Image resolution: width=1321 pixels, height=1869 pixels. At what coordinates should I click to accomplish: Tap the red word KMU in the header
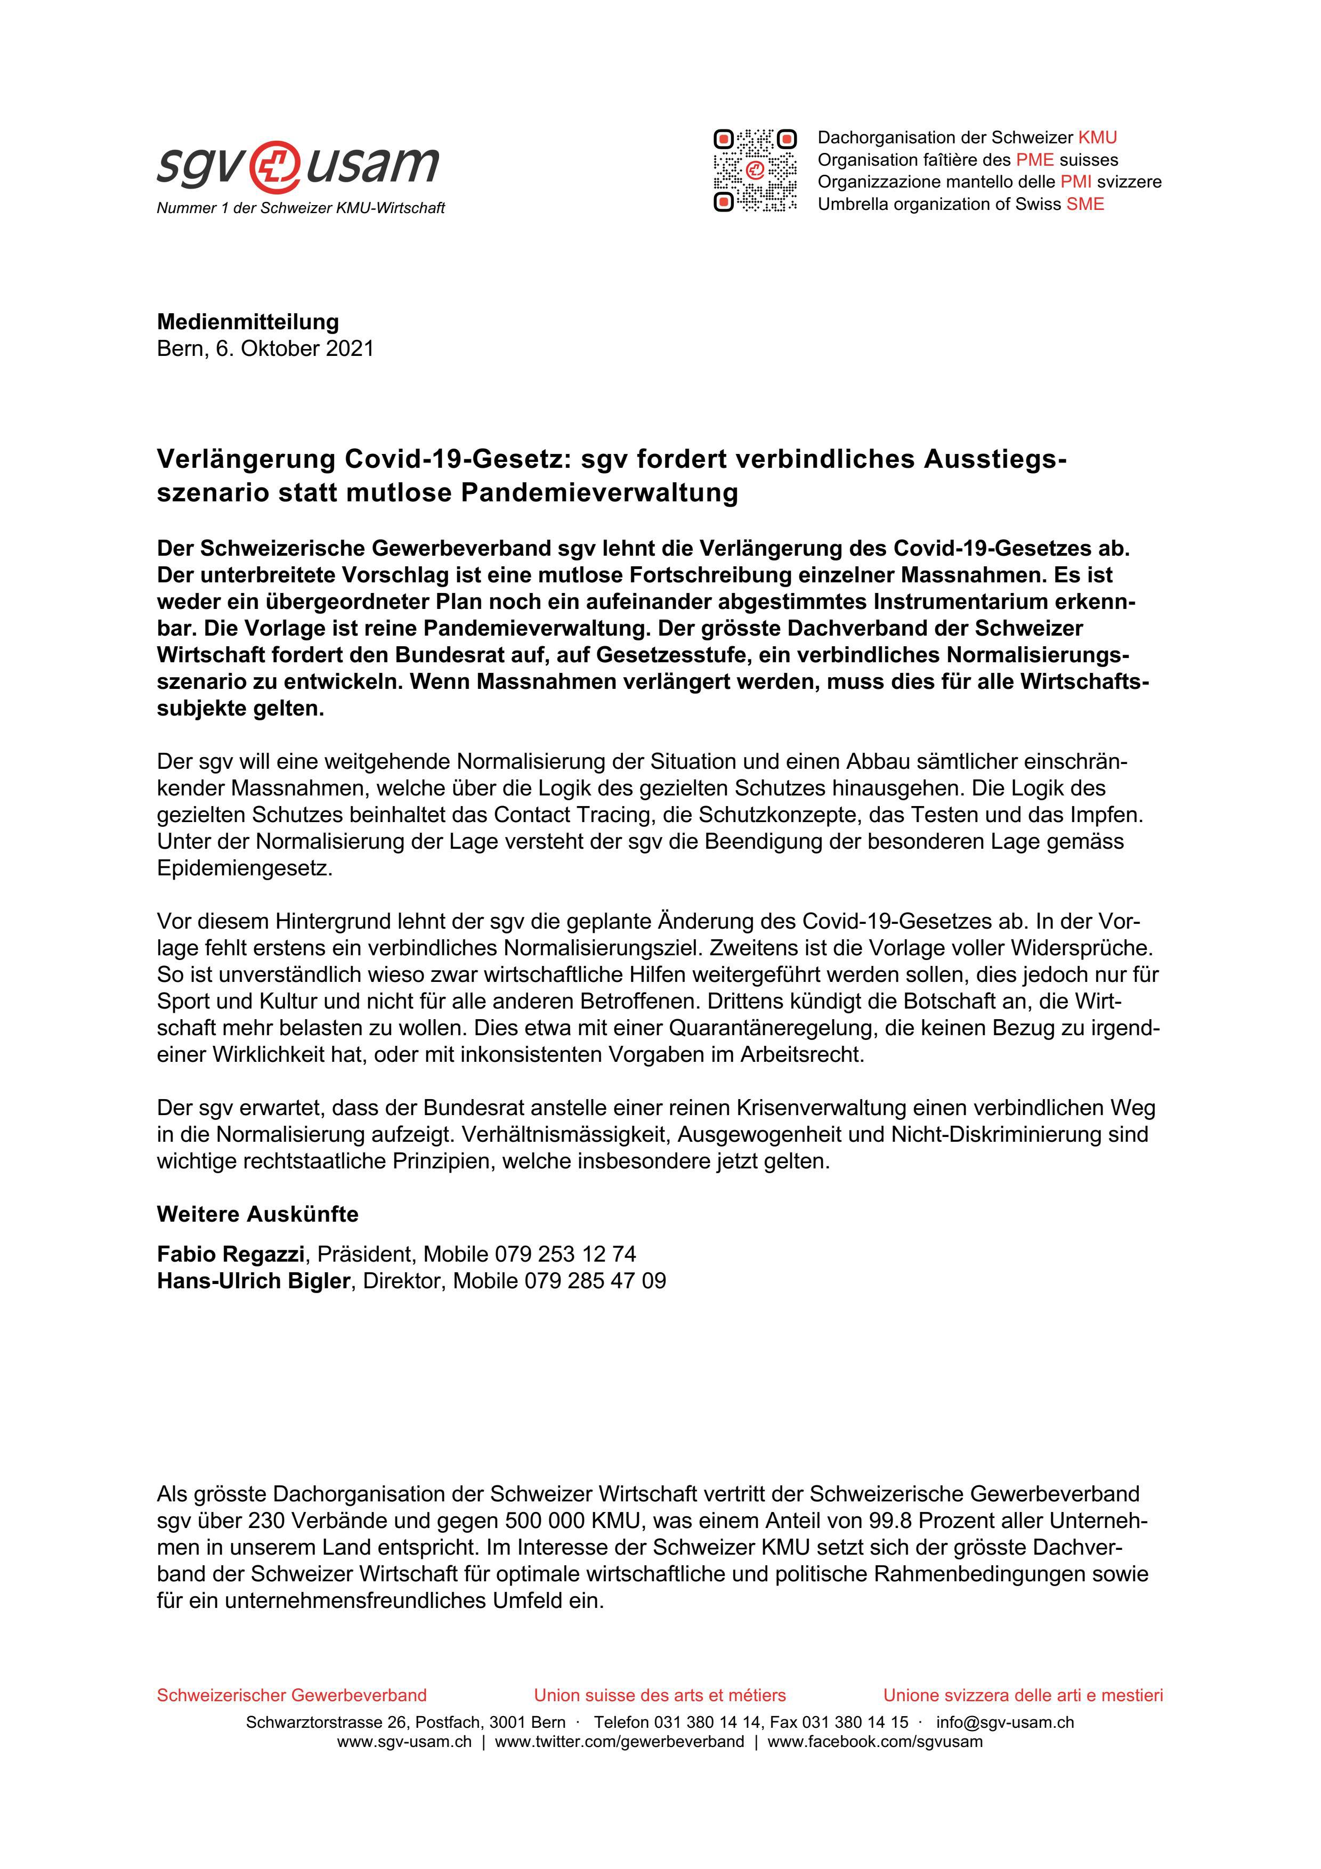point(1097,137)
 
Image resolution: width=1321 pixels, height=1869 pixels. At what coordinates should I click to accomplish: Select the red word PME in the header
point(1034,159)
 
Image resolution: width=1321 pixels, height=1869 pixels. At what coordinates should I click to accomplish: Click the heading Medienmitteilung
point(247,322)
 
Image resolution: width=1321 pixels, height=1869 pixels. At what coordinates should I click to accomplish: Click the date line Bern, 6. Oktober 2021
point(265,348)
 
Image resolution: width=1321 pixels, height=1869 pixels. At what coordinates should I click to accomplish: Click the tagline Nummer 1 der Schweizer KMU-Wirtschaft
point(301,208)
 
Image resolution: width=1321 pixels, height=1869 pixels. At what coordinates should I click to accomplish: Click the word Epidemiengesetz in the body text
point(244,868)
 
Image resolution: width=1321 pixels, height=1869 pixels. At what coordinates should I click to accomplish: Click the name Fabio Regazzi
point(230,1254)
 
